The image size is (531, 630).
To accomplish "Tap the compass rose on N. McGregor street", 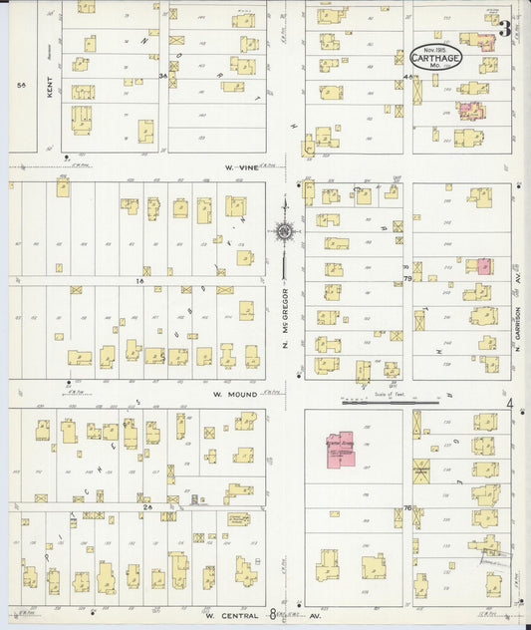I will click(284, 232).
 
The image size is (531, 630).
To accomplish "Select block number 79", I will click(407, 279).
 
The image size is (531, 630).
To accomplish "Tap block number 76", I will click(407, 508).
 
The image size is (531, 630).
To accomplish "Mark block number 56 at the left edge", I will click(21, 86).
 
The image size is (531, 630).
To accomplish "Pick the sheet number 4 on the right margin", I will click(509, 404).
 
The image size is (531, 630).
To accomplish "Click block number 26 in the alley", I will click(147, 506).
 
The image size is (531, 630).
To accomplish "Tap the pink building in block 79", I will click(484, 266).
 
